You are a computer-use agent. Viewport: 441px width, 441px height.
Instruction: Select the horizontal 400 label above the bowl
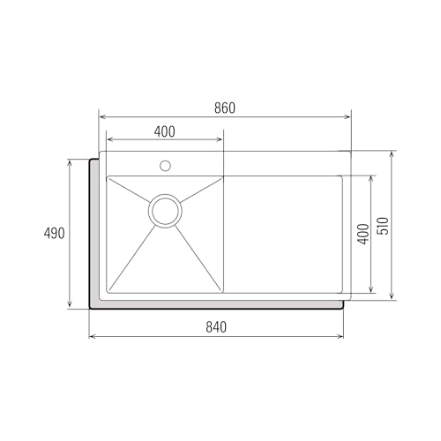164,131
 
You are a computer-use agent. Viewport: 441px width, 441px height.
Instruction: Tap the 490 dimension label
55,234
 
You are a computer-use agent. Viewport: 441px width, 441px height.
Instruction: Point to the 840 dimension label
216,327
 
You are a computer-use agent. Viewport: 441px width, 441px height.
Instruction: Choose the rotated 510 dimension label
382,226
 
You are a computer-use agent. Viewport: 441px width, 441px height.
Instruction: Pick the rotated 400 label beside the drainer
362,235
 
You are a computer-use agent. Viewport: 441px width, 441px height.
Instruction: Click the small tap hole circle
165,165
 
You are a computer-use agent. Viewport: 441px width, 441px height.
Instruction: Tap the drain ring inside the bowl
165,210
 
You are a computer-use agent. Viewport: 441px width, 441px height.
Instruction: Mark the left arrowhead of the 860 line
101,116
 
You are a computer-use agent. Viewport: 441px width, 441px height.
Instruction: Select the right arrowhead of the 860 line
348,116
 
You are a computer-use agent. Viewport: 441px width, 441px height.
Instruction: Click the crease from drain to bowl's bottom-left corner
132,256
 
